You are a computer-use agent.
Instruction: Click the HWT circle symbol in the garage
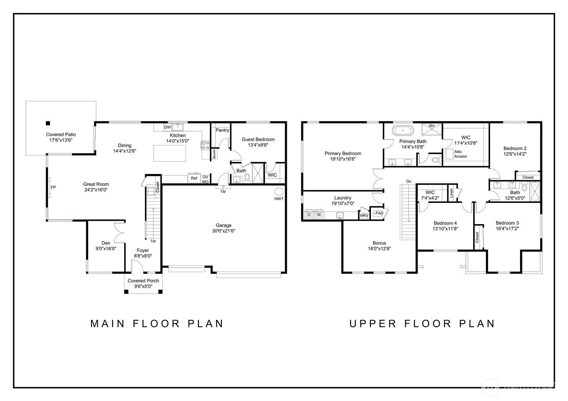tap(279, 192)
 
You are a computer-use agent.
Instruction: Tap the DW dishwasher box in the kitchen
tap(168, 127)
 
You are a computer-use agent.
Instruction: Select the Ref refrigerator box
tap(194, 178)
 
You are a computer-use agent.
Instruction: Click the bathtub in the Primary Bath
tap(403, 131)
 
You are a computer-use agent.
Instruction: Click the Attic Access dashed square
tap(449, 154)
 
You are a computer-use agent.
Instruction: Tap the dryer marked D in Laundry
tap(309, 215)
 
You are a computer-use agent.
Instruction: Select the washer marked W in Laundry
tap(319, 215)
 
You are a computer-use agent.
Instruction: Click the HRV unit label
tap(364, 216)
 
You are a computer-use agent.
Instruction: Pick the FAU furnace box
tap(378, 213)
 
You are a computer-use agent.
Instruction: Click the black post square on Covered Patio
tap(48, 123)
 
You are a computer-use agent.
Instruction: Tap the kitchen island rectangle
tap(170, 153)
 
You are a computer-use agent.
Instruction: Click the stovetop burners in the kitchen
tap(205, 145)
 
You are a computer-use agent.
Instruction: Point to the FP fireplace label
tap(53, 187)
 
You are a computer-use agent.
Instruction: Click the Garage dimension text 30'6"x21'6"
tap(224, 231)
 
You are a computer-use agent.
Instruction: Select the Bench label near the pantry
tap(214, 154)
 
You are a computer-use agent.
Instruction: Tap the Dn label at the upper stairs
tap(409, 181)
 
